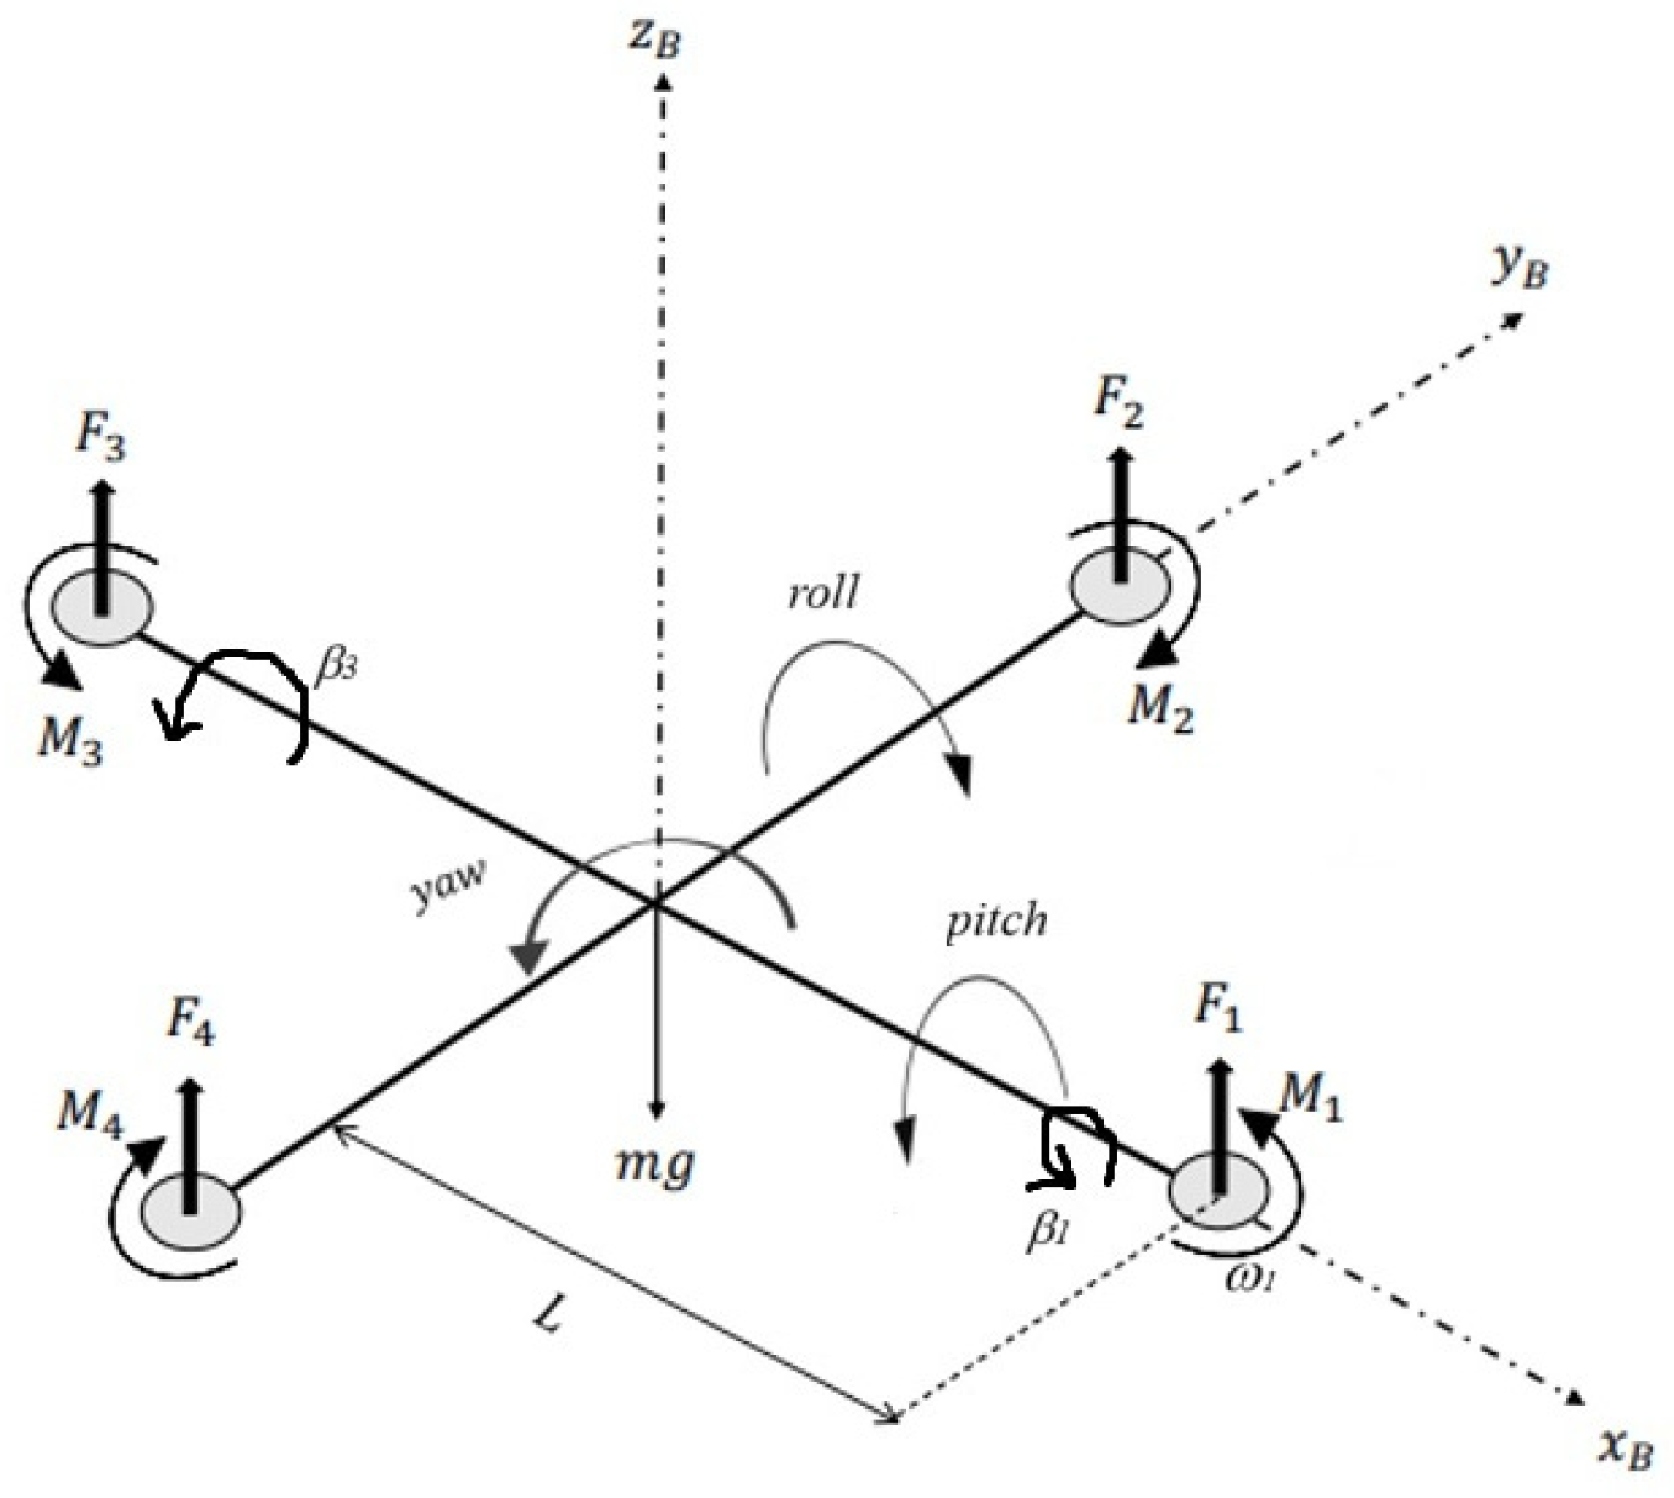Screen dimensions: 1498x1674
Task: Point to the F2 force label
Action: tap(1119, 402)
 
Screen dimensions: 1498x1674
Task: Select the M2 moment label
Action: tap(1160, 705)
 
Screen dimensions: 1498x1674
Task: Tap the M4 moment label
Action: tap(90, 1111)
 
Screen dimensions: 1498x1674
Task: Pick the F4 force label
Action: tap(191, 1020)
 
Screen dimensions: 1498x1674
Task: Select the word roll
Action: tap(822, 594)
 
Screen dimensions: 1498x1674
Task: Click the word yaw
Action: tap(448, 886)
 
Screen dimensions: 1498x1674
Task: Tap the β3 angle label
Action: tap(336, 667)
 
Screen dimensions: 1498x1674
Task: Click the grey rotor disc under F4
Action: tap(192, 1212)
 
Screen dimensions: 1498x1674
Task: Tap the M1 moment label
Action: tap(1310, 1100)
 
